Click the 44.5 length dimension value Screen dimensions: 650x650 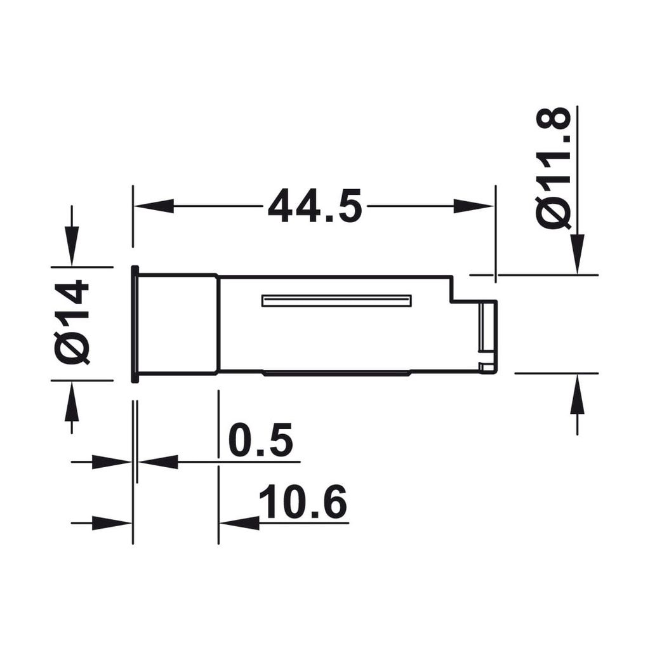314,206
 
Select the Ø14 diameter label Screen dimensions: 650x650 72,322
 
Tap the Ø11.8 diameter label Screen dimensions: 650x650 554,168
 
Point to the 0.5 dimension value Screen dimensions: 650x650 260,440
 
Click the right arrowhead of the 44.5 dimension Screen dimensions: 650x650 473,206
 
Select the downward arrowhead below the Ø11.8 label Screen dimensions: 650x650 577,253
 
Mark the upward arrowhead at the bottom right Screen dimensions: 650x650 577,395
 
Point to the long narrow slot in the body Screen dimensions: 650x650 336,301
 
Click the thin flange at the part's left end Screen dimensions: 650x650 135,324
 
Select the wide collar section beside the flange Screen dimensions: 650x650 178,324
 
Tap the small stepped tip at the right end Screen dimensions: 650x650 487,336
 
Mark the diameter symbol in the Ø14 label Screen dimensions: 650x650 72,348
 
